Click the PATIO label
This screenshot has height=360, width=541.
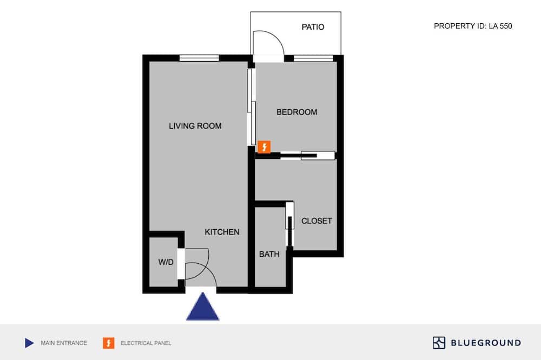click(x=313, y=27)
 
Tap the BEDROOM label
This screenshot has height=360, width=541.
click(x=296, y=112)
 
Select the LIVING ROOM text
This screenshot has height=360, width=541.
click(x=195, y=126)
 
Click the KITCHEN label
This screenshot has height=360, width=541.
click(x=222, y=232)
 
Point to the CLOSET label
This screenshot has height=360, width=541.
click(x=316, y=221)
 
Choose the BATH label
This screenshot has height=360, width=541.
click(x=269, y=254)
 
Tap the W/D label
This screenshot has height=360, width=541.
click(x=166, y=262)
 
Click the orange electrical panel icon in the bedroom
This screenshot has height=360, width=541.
click(x=265, y=147)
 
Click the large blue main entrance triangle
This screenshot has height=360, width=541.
click(x=203, y=306)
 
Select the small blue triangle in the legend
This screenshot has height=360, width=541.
click(x=29, y=343)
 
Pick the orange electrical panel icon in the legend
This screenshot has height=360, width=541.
click(x=109, y=343)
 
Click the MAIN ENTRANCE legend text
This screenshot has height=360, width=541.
click(x=64, y=343)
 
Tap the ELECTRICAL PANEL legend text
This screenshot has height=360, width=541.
click(x=146, y=343)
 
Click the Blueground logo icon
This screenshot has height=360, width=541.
click(x=439, y=343)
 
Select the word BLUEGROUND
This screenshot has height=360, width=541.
click(x=486, y=343)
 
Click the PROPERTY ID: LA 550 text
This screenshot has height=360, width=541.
click(x=473, y=26)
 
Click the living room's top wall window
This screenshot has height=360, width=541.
click(x=200, y=58)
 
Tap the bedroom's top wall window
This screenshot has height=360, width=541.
click(x=314, y=58)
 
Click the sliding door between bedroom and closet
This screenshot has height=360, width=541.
click(x=307, y=156)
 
